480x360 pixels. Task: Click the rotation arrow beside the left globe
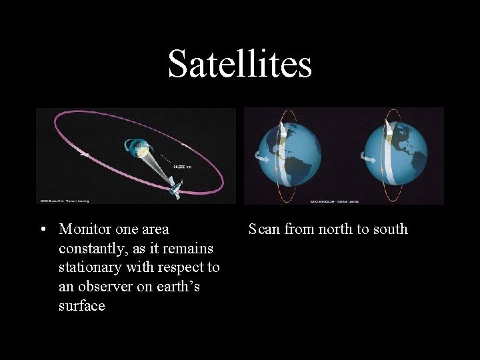pos(259,157)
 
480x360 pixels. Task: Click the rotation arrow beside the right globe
pos(367,158)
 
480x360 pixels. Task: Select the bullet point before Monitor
pos(42,230)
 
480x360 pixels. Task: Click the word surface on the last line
pos(82,307)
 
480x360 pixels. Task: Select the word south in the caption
pos(391,229)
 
